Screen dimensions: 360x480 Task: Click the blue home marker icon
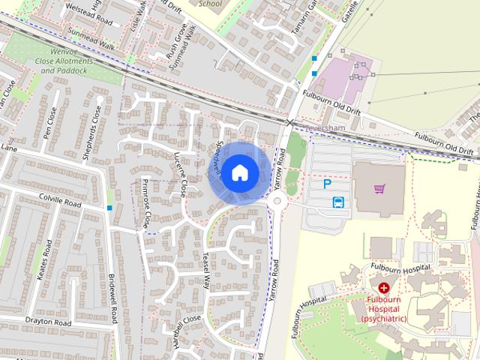[238, 172]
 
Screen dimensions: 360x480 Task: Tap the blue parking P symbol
[327, 184]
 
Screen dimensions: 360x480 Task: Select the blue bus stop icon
[338, 202]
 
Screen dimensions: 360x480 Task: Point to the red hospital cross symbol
[384, 287]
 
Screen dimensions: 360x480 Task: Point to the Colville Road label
[59, 202]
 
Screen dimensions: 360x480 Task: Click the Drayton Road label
[46, 322]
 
